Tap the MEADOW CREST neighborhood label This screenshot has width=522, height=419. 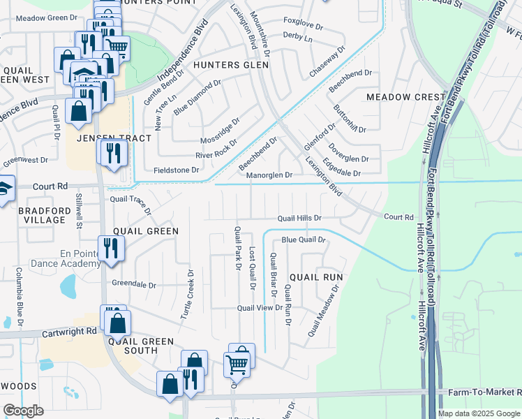(x=405, y=96)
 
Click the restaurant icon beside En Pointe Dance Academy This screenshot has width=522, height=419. (x=110, y=248)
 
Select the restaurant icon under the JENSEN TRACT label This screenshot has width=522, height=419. (x=113, y=152)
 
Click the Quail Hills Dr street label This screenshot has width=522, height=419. (x=299, y=218)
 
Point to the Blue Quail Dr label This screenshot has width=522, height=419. (x=304, y=240)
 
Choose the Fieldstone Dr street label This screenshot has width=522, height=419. (x=176, y=170)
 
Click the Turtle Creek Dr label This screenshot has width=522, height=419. (x=187, y=294)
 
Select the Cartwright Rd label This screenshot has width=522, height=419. (x=72, y=331)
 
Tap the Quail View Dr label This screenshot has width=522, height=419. (x=259, y=307)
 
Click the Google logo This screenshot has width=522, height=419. (x=24, y=411)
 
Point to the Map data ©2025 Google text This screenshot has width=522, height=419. (x=479, y=413)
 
